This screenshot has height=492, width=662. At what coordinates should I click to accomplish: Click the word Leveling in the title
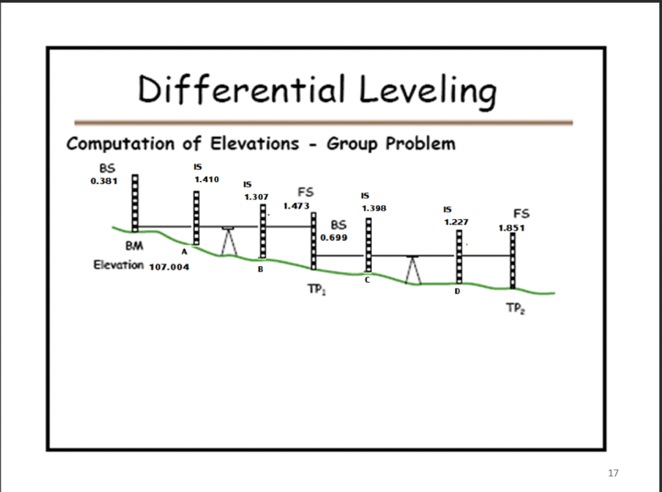click(x=429, y=91)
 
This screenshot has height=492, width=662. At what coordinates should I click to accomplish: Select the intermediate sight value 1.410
click(x=207, y=178)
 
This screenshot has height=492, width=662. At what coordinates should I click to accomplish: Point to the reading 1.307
click(x=256, y=196)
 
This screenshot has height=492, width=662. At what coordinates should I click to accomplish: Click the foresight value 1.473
click(x=296, y=206)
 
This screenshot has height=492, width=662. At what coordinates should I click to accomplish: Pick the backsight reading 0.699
click(x=334, y=238)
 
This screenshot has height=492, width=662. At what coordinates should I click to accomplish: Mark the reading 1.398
click(x=374, y=208)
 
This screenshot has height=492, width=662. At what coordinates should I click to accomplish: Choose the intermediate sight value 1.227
click(x=456, y=222)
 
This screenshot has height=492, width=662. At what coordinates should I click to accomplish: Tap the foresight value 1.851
click(x=511, y=228)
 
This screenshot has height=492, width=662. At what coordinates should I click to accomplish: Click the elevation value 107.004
click(x=169, y=266)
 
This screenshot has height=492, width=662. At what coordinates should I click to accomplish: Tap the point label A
click(x=184, y=250)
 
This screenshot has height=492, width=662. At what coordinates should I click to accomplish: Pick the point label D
click(x=456, y=292)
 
